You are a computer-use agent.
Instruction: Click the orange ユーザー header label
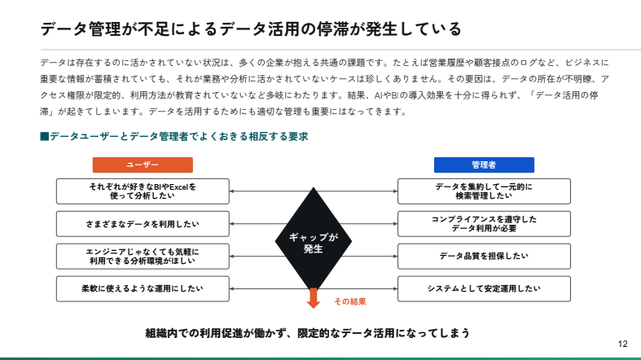(143, 165)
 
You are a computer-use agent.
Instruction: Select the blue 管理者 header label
(484, 165)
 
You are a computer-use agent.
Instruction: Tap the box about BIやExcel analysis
(143, 191)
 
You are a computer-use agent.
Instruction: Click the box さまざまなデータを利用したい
(143, 223)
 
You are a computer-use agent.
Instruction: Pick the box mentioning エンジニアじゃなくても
(143, 256)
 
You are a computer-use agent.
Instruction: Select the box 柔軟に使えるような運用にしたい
(143, 288)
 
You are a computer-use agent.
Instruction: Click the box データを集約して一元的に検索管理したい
(484, 191)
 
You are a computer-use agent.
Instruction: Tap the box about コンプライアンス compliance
(484, 223)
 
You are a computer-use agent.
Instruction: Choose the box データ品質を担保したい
(484, 256)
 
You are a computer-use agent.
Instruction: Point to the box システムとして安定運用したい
(484, 288)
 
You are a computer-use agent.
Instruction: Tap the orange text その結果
(350, 301)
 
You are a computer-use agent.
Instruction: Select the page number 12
(623, 343)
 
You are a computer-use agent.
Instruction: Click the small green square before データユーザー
(44, 137)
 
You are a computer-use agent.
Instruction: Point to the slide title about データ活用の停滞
(251, 29)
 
